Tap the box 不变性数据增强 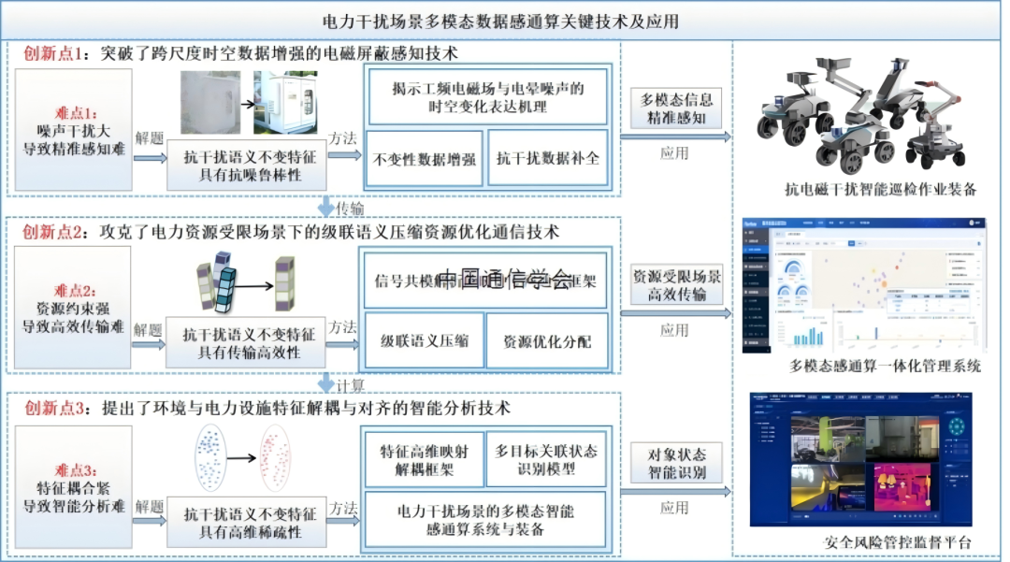tap(425, 159)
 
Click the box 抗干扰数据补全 tap(548, 159)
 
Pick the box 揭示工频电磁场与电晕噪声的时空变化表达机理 tap(486, 96)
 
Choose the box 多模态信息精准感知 tap(676, 108)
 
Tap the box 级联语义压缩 tap(424, 341)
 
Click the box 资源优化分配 tap(547, 341)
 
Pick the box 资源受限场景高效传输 tap(676, 286)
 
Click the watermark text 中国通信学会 tap(504, 278)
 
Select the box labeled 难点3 tap(72, 487)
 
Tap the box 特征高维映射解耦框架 tap(424, 459)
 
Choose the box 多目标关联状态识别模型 tap(547, 459)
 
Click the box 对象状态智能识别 tap(676, 463)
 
